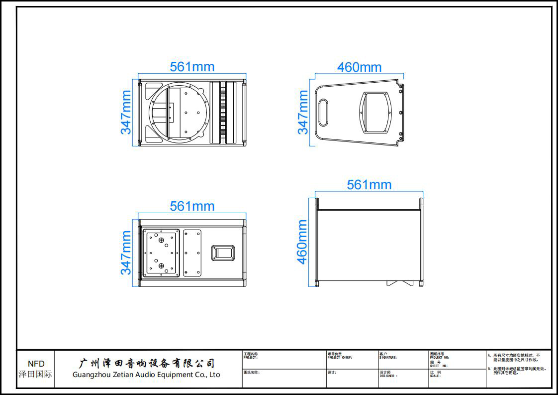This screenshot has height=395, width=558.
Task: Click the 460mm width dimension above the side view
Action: pyautogui.click(x=359, y=67)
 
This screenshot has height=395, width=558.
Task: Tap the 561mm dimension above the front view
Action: pyautogui.click(x=192, y=67)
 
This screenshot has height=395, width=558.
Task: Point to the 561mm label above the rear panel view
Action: pyautogui.click(x=192, y=206)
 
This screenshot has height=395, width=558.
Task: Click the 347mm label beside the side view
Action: pyautogui.click(x=302, y=112)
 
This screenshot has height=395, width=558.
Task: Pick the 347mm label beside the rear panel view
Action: pyautogui.click(x=126, y=253)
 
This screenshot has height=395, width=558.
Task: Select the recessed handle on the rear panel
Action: pyautogui.click(x=223, y=253)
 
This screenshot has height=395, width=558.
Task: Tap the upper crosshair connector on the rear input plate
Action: pyautogui.click(x=162, y=241)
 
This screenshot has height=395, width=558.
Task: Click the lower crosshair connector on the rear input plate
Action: pyautogui.click(x=162, y=266)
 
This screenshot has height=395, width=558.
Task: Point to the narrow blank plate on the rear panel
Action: pyautogui.click(x=192, y=253)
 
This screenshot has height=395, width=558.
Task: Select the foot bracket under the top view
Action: pyautogui.click(x=400, y=283)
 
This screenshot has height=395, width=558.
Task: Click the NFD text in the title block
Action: pyautogui.click(x=36, y=364)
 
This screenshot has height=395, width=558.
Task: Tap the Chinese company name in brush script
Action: pyautogui.click(x=147, y=363)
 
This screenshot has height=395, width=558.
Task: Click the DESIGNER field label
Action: pyautogui.click(x=388, y=376)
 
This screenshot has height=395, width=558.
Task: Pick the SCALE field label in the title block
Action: pyautogui.click(x=435, y=376)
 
